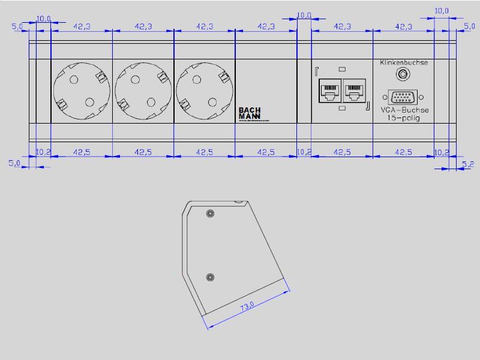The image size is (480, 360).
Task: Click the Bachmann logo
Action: tap(250, 113)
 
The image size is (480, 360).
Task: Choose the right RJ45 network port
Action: tap(354, 91)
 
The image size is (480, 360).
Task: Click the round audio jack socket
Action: tap(403, 74)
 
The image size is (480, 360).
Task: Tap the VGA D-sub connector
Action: tap(403, 97)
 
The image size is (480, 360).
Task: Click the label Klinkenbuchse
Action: tap(403, 62)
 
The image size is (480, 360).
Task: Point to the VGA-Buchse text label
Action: tap(404, 110)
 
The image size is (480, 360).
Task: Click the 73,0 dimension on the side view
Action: tap(247, 307)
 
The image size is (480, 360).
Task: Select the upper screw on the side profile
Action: tap(210, 214)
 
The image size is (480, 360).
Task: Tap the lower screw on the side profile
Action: tap(210, 277)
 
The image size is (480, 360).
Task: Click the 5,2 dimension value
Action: tap(468, 163)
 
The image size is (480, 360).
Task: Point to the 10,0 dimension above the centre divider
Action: tap(304, 15)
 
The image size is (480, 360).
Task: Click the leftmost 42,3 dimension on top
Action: tap(82, 26)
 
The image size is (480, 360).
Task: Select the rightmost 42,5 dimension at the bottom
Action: tap(403, 152)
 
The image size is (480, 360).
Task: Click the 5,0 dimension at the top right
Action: tap(469, 26)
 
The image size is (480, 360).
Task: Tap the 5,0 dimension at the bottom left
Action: tap(14, 163)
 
